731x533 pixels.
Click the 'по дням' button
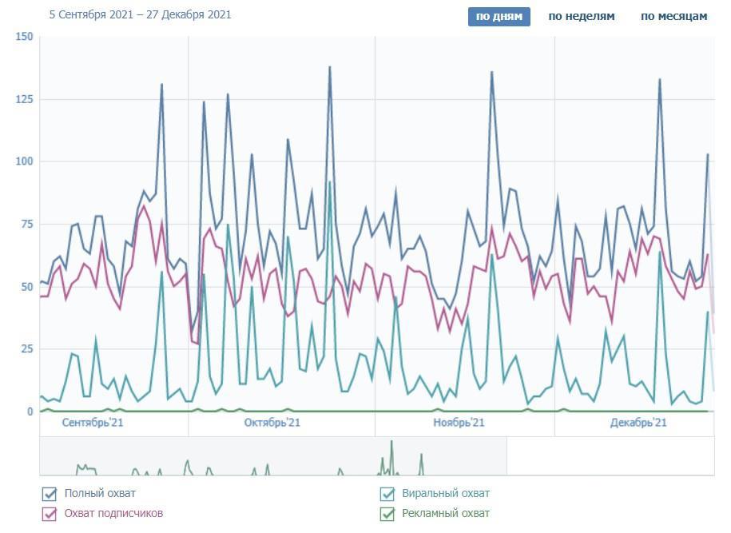[499, 16]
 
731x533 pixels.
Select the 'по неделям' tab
[582, 16]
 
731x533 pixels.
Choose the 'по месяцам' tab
[673, 16]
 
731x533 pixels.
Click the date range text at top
[140, 14]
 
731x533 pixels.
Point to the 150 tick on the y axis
[24, 37]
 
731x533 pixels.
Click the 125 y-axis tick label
[24, 99]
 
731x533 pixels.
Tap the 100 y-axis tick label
[24, 161]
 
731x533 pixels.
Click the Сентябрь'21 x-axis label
[92, 423]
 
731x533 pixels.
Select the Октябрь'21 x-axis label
[272, 423]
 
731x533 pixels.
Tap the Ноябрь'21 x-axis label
[459, 423]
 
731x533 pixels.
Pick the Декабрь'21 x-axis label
[638, 423]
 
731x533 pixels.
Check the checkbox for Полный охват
[50, 494]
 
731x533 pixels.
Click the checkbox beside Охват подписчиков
[50, 514]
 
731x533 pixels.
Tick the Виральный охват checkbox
[387, 494]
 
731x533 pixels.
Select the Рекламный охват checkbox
[387, 514]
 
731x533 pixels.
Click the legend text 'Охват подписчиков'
[113, 514]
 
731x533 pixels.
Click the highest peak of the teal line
[329, 182]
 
